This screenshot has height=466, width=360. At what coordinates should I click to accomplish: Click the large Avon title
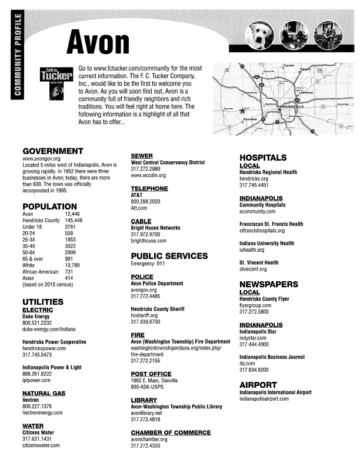100,41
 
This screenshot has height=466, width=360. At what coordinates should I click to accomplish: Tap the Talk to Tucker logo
55,77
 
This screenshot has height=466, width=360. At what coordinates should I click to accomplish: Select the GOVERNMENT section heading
52,151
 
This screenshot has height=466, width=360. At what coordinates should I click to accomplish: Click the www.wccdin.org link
149,175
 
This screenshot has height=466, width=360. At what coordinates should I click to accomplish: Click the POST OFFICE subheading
151,374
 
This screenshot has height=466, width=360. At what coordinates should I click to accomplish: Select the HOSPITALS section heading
263,157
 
